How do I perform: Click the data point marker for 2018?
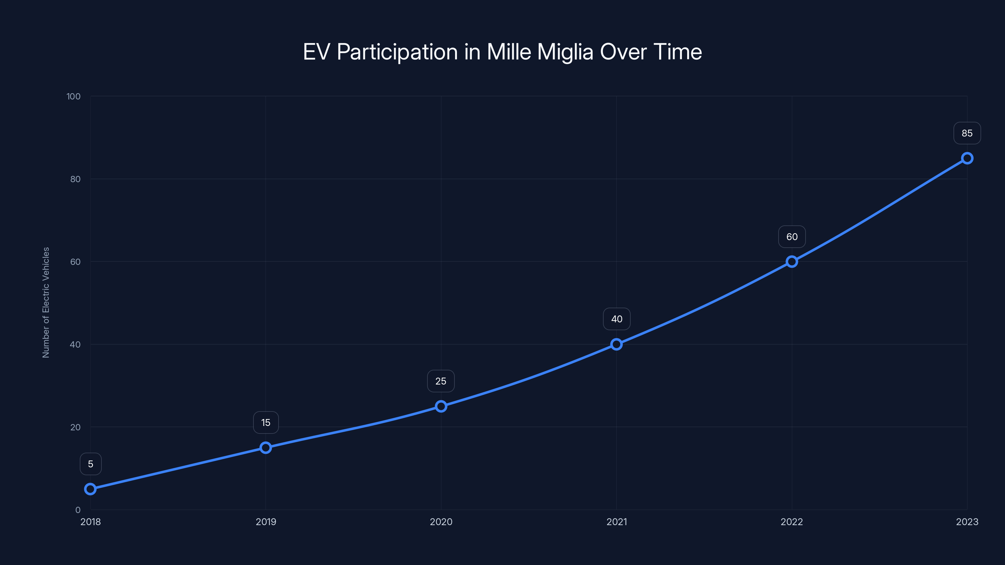pyautogui.click(x=90, y=489)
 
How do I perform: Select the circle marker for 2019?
pyautogui.click(x=266, y=448)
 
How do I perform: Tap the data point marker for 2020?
pyautogui.click(x=441, y=406)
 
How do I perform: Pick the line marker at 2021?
pyautogui.click(x=617, y=344)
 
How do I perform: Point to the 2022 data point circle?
pyautogui.click(x=791, y=262)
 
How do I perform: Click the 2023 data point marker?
pyautogui.click(x=967, y=158)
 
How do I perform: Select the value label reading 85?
pyautogui.click(x=967, y=133)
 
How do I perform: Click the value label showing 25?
pyautogui.click(x=441, y=381)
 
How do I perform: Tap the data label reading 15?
pyautogui.click(x=266, y=423)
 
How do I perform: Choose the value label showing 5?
pyautogui.click(x=90, y=464)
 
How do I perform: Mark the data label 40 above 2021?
pyautogui.click(x=617, y=319)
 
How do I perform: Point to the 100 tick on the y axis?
pyautogui.click(x=73, y=96)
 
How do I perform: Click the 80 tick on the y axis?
pyautogui.click(x=75, y=179)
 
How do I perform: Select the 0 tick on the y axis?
pyautogui.click(x=78, y=510)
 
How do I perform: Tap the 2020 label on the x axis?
pyautogui.click(x=441, y=522)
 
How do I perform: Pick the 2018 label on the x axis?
pyautogui.click(x=90, y=522)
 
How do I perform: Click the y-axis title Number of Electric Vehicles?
pyautogui.click(x=46, y=303)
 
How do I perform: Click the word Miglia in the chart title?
pyautogui.click(x=565, y=52)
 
